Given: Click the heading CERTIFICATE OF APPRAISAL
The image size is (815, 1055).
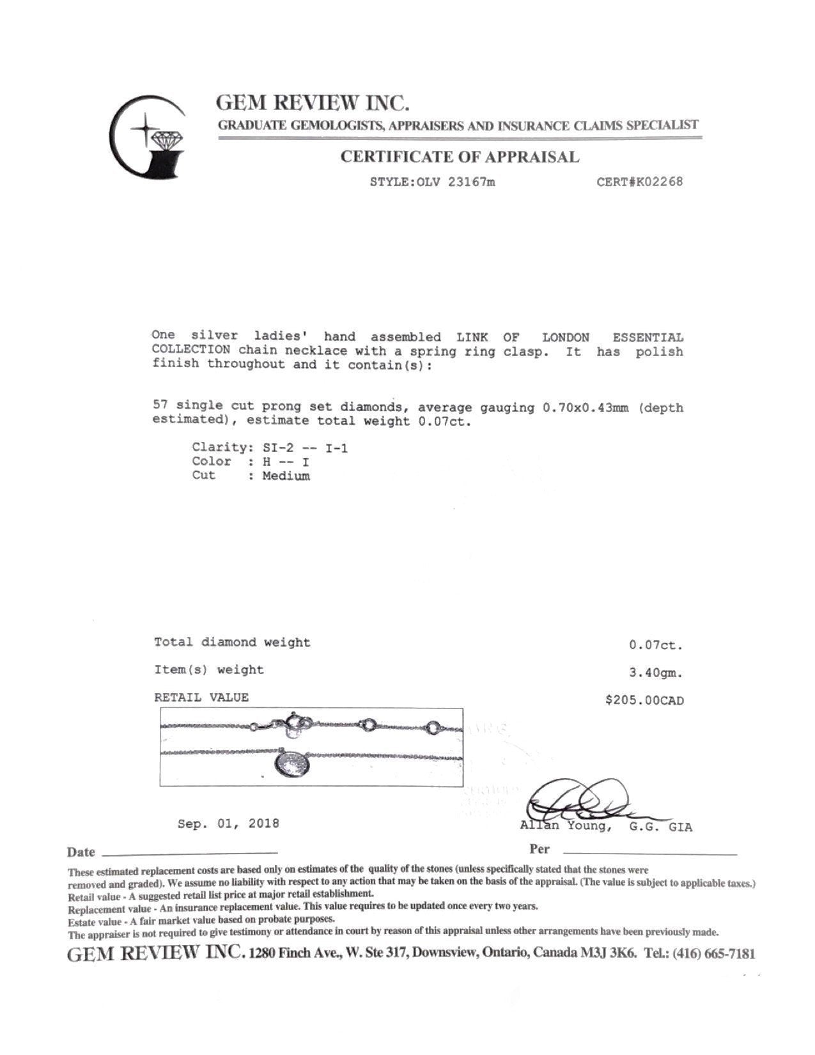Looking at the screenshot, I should pyautogui.click(x=460, y=157).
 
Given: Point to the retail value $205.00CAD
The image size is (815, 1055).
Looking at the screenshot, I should pyautogui.click(x=644, y=701).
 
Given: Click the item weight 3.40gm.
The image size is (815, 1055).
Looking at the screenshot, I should pyautogui.click(x=656, y=673).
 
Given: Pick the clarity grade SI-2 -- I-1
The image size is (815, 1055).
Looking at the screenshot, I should pyautogui.click(x=306, y=448).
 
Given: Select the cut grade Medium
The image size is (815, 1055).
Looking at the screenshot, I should pyautogui.click(x=286, y=476).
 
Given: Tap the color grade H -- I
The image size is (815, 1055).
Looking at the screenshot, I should pyautogui.click(x=286, y=462).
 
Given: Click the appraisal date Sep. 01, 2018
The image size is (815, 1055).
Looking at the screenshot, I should pyautogui.click(x=228, y=824).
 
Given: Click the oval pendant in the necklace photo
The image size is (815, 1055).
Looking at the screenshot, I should pyautogui.click(x=293, y=765).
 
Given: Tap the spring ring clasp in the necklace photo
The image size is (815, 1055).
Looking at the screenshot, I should pyautogui.click(x=297, y=723).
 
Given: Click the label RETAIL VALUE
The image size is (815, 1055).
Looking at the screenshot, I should pyautogui.click(x=201, y=698).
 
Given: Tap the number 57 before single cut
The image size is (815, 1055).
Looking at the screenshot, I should pyautogui.click(x=160, y=405).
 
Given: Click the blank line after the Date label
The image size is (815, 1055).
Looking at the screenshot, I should pyautogui.click(x=190, y=853).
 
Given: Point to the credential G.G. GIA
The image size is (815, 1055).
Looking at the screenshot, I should pyautogui.click(x=660, y=827).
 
